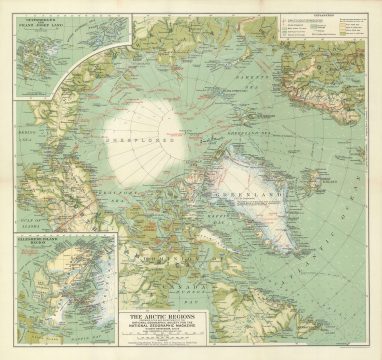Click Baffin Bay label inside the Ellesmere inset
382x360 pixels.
pos(80,300)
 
